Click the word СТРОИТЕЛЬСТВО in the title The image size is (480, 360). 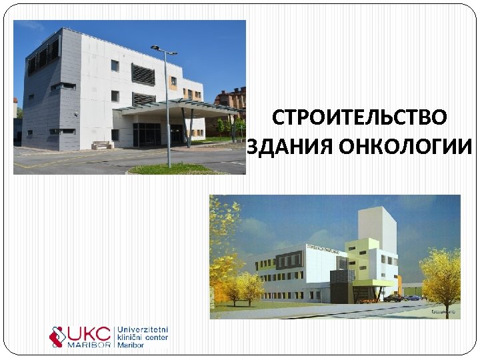coord(360,118)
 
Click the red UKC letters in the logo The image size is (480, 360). coord(92,334)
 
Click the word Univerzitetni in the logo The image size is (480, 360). coord(143,330)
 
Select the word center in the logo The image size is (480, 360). coord(155,338)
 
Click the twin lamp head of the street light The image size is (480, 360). coord(163,50)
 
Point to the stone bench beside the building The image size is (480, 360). coord(101,145)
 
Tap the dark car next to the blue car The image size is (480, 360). coord(393,298)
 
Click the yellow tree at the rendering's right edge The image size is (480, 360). coord(440,273)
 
